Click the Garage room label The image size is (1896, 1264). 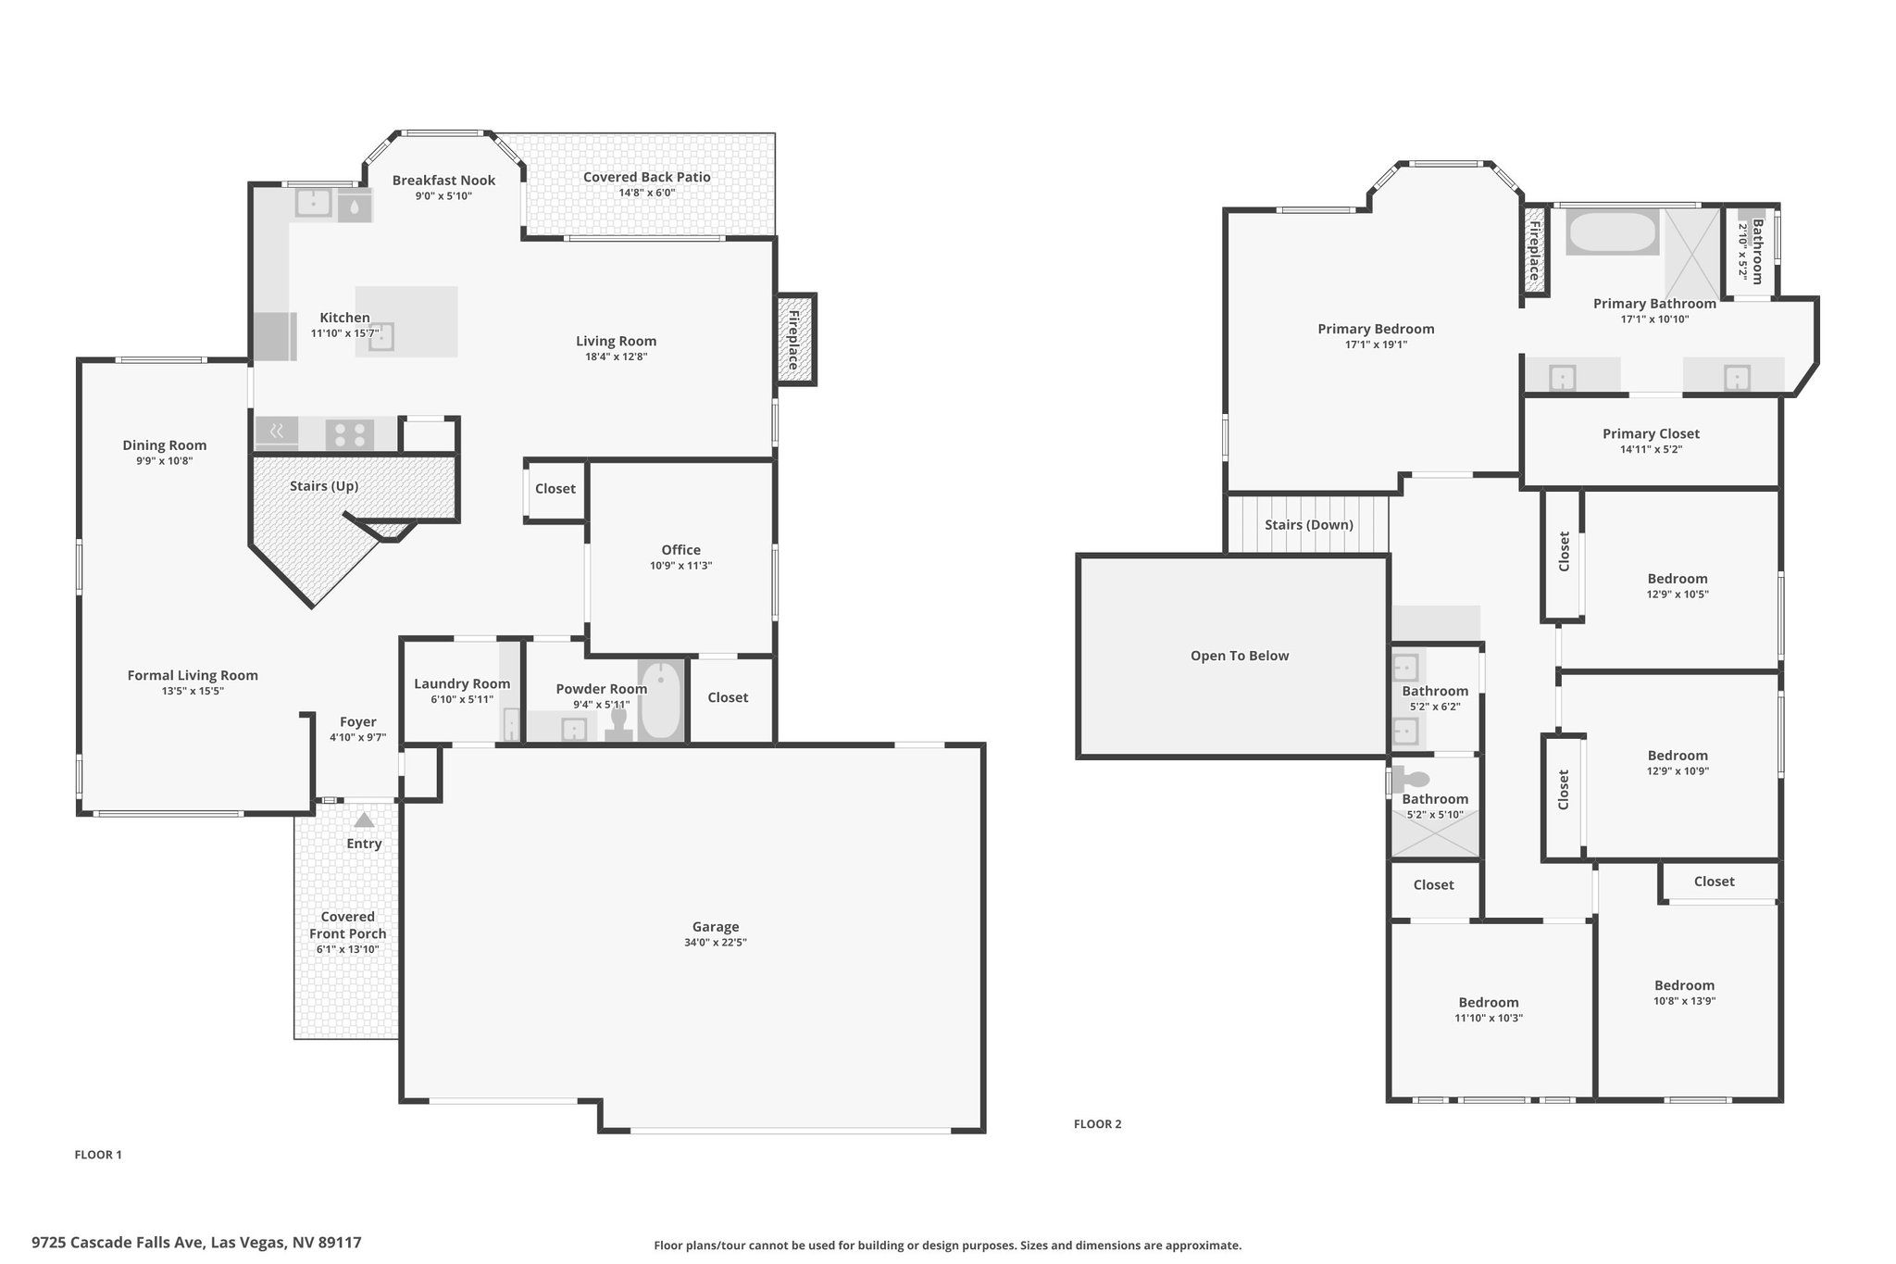pos(716,926)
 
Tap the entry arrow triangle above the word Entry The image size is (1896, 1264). pos(364,820)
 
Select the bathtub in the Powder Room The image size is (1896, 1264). pos(660,700)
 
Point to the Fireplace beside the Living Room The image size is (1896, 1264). pos(795,339)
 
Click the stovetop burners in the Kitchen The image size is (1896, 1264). pos(350,434)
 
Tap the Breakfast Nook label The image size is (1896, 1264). pos(443,181)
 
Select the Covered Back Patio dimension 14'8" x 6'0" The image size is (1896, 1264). pos(647,193)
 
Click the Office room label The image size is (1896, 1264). pos(681,550)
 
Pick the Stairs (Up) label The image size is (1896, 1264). pos(324,486)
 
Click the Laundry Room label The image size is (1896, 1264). pos(462,683)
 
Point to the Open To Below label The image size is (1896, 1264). pos(1240,656)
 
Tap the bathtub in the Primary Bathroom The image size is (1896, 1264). pos(1612,233)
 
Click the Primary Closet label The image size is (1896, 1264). pos(1651,433)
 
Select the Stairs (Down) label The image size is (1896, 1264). pos(1309,525)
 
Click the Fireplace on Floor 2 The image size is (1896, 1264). pos(1534,250)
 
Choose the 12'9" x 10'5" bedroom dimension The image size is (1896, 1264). pos(1678,594)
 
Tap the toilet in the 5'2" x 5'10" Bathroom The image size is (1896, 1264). pos(1411,780)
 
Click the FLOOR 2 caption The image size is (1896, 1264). pos(1097,1124)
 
